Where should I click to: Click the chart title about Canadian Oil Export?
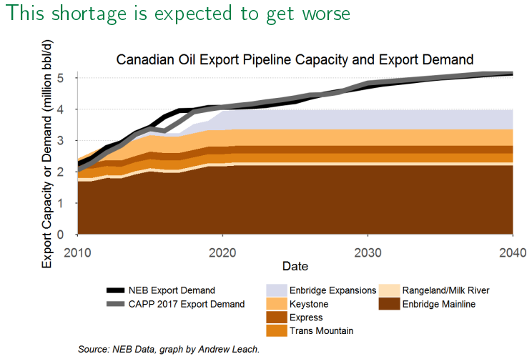[x=295, y=59]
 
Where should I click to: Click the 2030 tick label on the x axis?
[x=368, y=252]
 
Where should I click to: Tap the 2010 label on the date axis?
[x=78, y=252]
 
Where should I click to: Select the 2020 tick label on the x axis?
[x=223, y=252]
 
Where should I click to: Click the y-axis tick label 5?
[x=62, y=78]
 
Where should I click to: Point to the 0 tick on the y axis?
[x=62, y=235]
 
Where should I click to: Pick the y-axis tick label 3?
[x=62, y=141]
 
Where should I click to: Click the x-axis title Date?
[x=295, y=266]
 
